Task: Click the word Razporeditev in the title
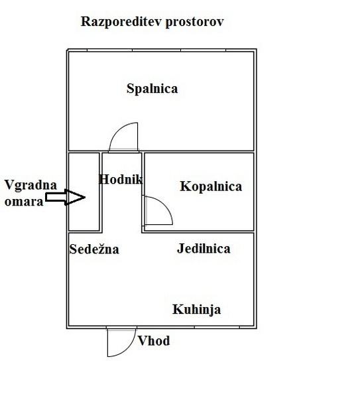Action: [x=121, y=21]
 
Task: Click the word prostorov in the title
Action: [x=194, y=23]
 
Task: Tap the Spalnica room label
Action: [x=152, y=89]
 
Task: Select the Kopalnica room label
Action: [x=211, y=186]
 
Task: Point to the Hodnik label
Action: [x=121, y=179]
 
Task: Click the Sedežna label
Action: [x=94, y=249]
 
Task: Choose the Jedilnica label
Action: [x=204, y=249]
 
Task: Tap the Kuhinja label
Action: [x=197, y=309]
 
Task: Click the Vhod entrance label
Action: [x=154, y=341]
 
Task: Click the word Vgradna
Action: [x=30, y=185]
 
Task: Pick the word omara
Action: [x=24, y=202]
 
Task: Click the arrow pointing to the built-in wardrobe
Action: [x=65, y=197]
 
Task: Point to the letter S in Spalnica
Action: [x=131, y=88]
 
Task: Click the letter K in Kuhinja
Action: [x=177, y=309]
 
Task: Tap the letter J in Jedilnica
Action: [x=180, y=248]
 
